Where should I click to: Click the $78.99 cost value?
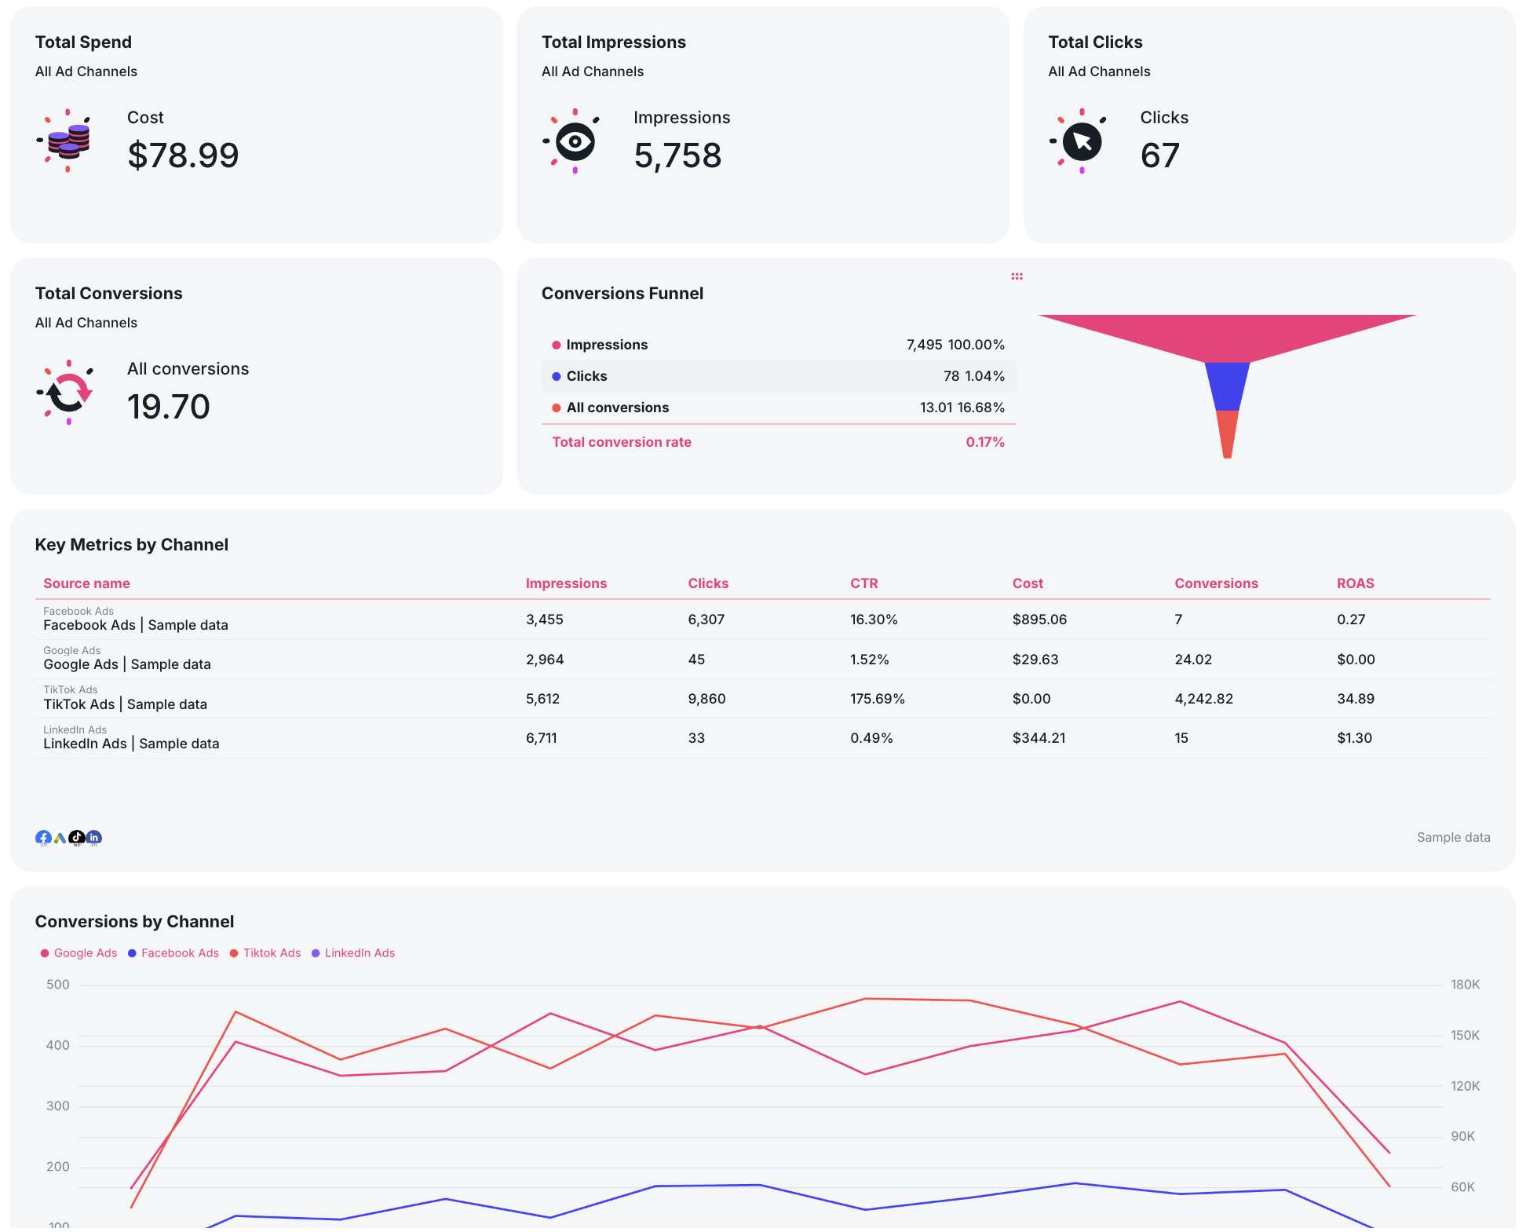click(183, 155)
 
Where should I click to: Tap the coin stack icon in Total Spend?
click(68, 141)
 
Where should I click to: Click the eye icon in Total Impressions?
click(575, 141)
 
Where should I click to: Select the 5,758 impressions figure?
click(677, 155)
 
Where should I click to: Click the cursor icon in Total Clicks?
click(1082, 141)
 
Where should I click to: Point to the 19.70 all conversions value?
click(168, 407)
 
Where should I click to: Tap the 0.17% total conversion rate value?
click(984, 442)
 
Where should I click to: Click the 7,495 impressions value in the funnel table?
click(924, 345)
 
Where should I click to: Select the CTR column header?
click(863, 583)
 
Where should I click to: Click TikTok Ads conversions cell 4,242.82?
click(1203, 699)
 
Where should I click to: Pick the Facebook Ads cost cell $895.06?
click(1039, 620)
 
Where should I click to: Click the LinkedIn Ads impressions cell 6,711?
click(541, 738)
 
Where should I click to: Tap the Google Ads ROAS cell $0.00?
click(1356, 660)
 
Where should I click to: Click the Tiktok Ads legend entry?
click(271, 953)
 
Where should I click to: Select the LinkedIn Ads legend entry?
click(359, 953)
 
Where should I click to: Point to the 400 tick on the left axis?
click(58, 1045)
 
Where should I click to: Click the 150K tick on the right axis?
click(1465, 1035)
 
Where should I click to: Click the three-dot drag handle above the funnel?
click(1017, 276)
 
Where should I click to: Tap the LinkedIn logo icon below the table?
click(93, 838)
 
